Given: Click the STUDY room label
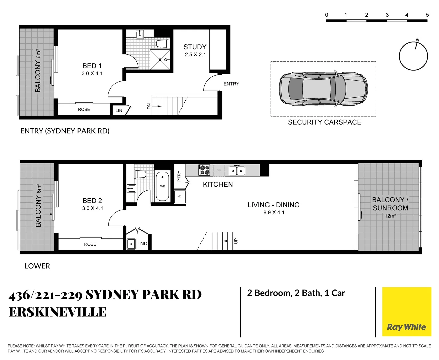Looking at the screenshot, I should click(x=195, y=47).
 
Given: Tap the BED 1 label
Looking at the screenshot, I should click(x=92, y=66).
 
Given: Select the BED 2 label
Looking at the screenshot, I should click(x=92, y=201).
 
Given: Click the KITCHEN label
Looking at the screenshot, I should click(x=218, y=184).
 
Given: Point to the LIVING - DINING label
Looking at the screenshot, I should click(x=273, y=205).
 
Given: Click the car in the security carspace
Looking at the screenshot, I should click(x=323, y=89).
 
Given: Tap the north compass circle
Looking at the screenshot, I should click(x=413, y=56).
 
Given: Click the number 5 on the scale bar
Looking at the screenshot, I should click(x=427, y=15).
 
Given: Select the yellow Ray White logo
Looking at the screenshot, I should click(x=406, y=312).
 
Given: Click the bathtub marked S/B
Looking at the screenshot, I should click(x=163, y=186).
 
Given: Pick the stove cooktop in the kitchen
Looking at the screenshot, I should click(x=204, y=170).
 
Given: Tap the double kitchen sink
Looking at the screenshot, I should click(x=237, y=171).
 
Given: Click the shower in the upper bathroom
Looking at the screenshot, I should click(x=160, y=60).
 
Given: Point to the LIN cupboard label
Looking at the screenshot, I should click(x=119, y=111).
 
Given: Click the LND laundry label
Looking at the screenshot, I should click(x=142, y=244).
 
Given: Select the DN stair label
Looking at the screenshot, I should click(x=149, y=106).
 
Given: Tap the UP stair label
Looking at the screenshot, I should click(x=236, y=241).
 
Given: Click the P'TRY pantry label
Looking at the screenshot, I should click(x=179, y=176).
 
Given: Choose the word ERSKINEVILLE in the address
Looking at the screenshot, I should click(x=58, y=312).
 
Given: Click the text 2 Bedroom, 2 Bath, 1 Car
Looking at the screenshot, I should click(x=296, y=293).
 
